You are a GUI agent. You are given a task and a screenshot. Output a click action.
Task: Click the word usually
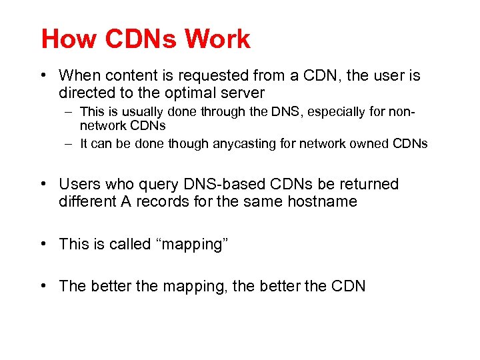pyautogui.click(x=135, y=112)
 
